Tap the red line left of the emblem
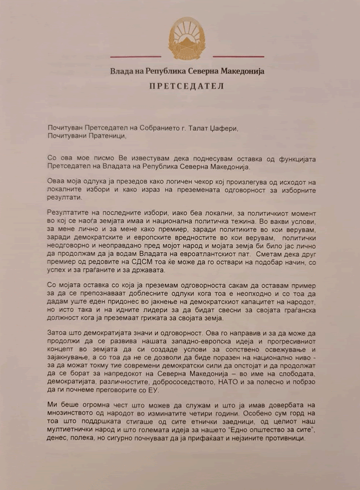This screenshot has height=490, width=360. (x=136, y=56)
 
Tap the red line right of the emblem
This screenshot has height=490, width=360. (x=238, y=56)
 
